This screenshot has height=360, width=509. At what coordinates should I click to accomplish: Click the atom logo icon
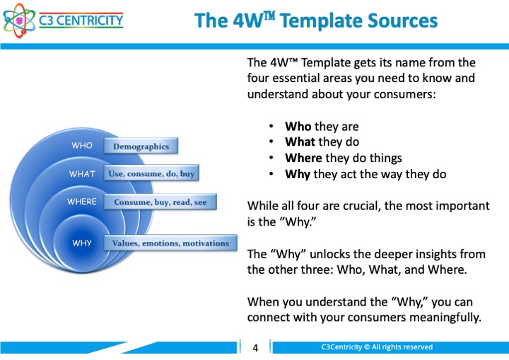(20, 21)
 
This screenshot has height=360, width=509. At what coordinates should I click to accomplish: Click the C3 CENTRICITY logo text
(81, 21)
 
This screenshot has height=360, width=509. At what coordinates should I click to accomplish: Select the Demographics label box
(141, 146)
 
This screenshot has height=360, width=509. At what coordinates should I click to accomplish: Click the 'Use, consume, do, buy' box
(151, 173)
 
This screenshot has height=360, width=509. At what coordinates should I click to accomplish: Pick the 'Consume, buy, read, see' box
(160, 202)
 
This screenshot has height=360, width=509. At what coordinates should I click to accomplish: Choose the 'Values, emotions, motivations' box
(170, 243)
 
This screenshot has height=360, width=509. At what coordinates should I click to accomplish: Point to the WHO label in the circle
(82, 145)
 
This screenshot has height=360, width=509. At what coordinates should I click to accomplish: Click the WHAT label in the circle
(82, 174)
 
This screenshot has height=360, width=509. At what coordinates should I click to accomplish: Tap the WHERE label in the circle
(82, 202)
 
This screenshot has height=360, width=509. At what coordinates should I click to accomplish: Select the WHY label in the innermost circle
(82, 243)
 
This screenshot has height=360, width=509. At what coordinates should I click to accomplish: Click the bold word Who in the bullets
(298, 126)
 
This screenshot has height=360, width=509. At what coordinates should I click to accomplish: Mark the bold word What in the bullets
(300, 141)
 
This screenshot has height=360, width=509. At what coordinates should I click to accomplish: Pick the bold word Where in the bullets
(303, 158)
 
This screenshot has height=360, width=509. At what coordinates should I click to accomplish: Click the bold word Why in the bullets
(298, 174)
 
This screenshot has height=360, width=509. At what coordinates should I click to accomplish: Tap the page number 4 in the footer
(255, 348)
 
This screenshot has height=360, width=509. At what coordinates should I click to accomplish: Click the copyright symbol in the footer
(367, 347)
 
